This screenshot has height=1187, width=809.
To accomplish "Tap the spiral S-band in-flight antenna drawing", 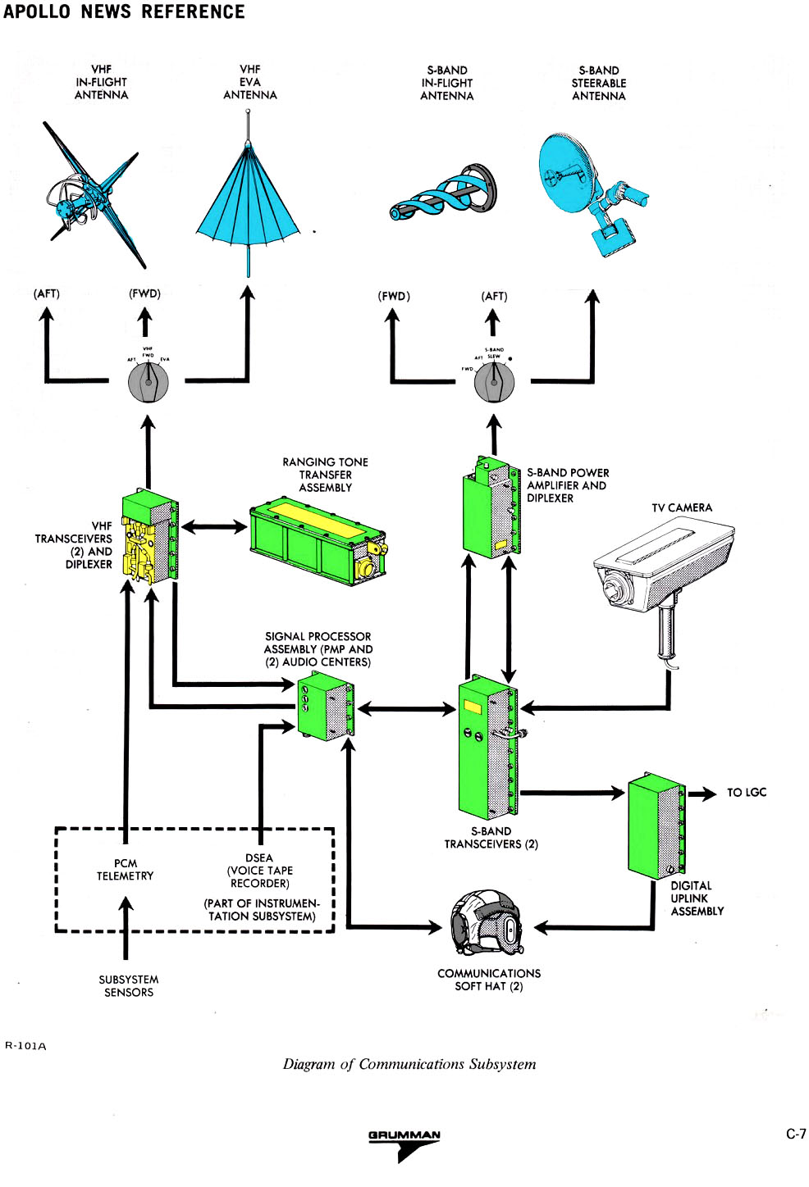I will [x=443, y=193].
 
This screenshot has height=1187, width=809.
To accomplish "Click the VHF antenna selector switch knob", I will [x=148, y=382].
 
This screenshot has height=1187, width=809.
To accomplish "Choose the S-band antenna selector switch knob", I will [x=494, y=382].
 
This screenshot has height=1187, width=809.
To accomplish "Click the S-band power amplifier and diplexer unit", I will [x=491, y=508].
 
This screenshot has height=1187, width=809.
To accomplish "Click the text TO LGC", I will [x=746, y=793].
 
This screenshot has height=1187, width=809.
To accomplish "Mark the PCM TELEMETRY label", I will [x=125, y=870].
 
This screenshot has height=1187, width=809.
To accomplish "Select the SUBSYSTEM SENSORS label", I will [x=128, y=986].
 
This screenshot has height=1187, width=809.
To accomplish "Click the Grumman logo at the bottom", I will [x=404, y=1144].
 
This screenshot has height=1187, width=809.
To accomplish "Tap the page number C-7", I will [x=795, y=1135].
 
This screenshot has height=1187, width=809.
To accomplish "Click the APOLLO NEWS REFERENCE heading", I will [x=124, y=12].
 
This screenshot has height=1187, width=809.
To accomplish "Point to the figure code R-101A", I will [x=26, y=1046].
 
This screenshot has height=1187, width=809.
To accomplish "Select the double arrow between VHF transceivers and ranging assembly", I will [x=213, y=526].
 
